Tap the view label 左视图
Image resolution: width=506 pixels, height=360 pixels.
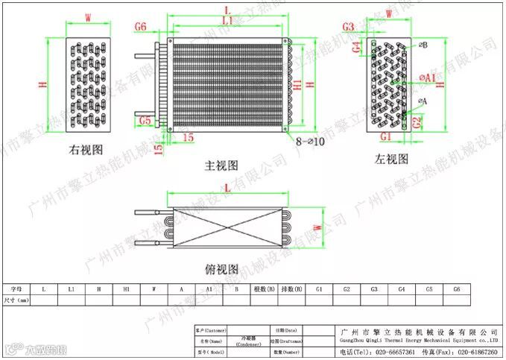click(x=392, y=159)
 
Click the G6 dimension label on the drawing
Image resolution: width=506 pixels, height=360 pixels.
click(x=142, y=27)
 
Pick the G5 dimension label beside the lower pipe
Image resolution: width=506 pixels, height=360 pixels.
click(x=145, y=119)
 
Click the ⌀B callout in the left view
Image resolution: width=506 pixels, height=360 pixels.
click(x=423, y=45)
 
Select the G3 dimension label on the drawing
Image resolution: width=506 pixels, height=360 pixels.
click(x=349, y=28)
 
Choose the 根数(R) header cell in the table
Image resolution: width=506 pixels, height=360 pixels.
click(x=265, y=288)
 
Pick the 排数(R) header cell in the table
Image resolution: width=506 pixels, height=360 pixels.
click(x=292, y=288)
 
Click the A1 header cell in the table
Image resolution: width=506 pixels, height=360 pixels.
click(x=209, y=288)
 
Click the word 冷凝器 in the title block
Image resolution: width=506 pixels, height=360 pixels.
click(x=247, y=338)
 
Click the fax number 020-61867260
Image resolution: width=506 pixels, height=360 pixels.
click(x=475, y=351)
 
